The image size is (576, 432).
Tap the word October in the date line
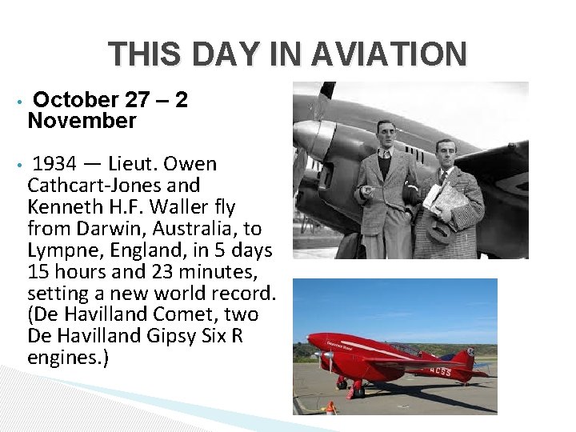(x=76, y=100)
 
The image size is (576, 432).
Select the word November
(x=82, y=122)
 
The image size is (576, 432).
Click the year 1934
(x=54, y=165)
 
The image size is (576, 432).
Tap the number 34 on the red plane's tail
(x=470, y=353)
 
